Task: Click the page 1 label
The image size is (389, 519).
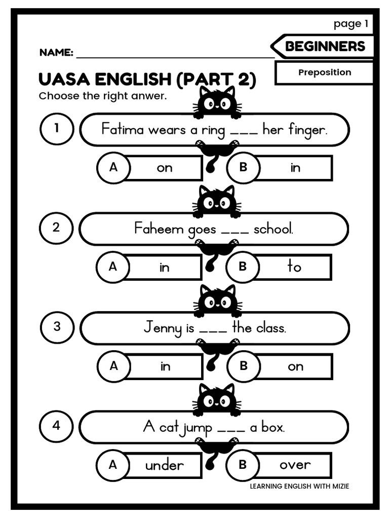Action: (x=351, y=23)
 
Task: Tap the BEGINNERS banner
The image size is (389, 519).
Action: (x=325, y=47)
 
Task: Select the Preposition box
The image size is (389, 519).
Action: (x=324, y=72)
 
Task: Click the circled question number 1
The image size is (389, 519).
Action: (x=56, y=128)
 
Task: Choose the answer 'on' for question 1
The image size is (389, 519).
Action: (x=165, y=168)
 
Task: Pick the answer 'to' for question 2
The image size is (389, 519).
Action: (x=294, y=267)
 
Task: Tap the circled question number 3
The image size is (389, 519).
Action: (x=56, y=326)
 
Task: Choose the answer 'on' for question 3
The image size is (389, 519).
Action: (x=295, y=366)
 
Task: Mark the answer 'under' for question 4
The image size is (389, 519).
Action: (x=165, y=465)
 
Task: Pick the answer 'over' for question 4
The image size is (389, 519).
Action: (x=295, y=464)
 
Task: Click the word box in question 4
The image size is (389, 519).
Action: (x=273, y=427)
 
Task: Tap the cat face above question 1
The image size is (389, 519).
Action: (x=217, y=103)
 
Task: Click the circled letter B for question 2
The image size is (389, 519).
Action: (x=242, y=266)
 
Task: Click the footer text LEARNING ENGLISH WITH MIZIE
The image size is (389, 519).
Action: (x=299, y=487)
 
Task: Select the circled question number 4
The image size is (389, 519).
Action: (x=56, y=426)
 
